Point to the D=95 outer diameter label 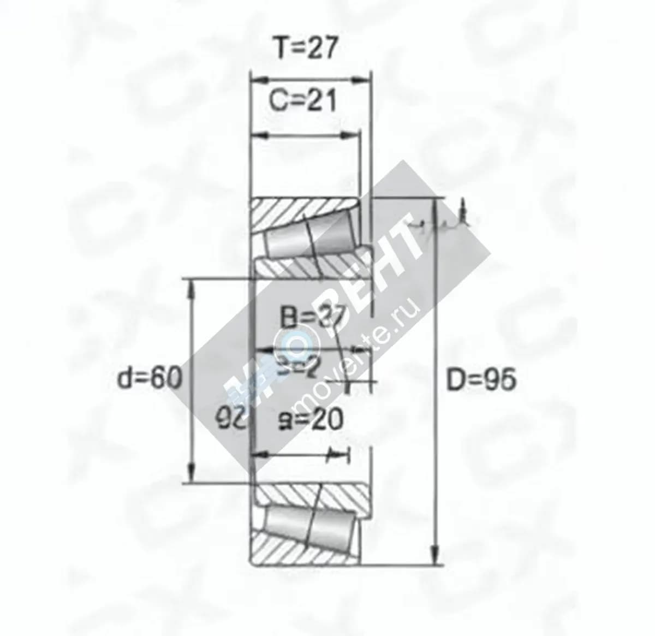tap(481, 381)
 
